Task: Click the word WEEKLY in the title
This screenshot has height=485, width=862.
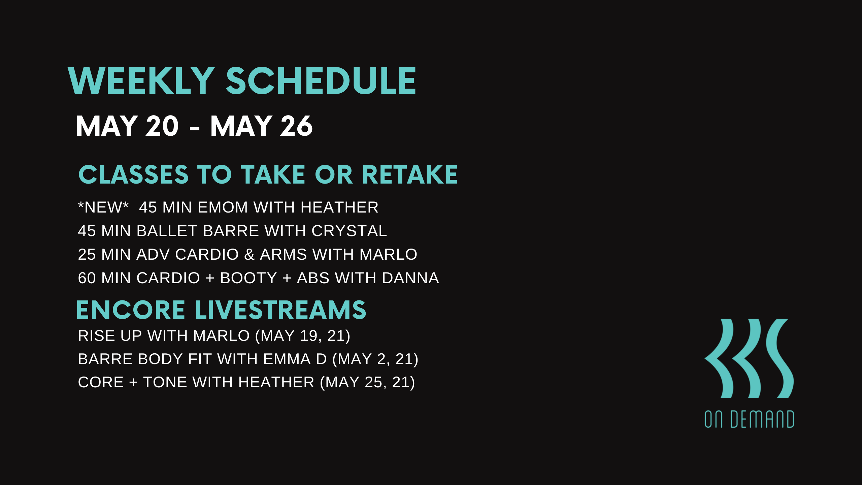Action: (141, 81)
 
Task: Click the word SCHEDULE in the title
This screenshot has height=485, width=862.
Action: (321, 81)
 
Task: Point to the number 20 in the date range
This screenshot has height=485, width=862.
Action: (162, 126)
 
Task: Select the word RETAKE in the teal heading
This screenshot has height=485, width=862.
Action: (410, 175)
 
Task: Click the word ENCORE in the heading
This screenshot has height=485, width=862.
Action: (131, 310)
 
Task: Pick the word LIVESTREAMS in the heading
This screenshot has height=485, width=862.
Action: (280, 310)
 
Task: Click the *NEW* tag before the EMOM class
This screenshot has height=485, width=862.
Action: (103, 207)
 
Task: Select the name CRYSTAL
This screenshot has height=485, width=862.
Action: (349, 231)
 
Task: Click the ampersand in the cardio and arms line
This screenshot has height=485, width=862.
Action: (249, 254)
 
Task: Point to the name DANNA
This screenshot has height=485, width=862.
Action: (410, 278)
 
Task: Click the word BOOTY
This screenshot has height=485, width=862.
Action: (248, 278)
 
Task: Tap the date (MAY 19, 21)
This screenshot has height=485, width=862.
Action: (303, 335)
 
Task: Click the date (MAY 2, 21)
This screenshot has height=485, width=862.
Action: (375, 359)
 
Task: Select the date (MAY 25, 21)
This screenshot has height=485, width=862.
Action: (367, 382)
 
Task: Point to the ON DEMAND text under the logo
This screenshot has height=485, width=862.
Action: (749, 419)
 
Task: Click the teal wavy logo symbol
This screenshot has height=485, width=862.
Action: (749, 358)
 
